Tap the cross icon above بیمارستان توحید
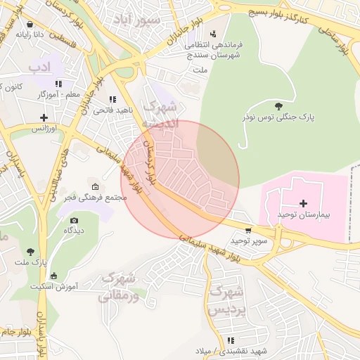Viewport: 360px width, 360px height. [x=304, y=202]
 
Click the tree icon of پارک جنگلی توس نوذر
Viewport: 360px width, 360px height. [x=280, y=105]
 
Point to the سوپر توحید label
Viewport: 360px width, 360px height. [x=231, y=241]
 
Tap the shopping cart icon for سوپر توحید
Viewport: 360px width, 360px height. [x=247, y=231]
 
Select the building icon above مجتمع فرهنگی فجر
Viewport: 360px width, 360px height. [x=96, y=187]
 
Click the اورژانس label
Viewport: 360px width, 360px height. [x=44, y=128]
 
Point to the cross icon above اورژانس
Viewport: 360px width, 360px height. [x=44, y=117]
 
